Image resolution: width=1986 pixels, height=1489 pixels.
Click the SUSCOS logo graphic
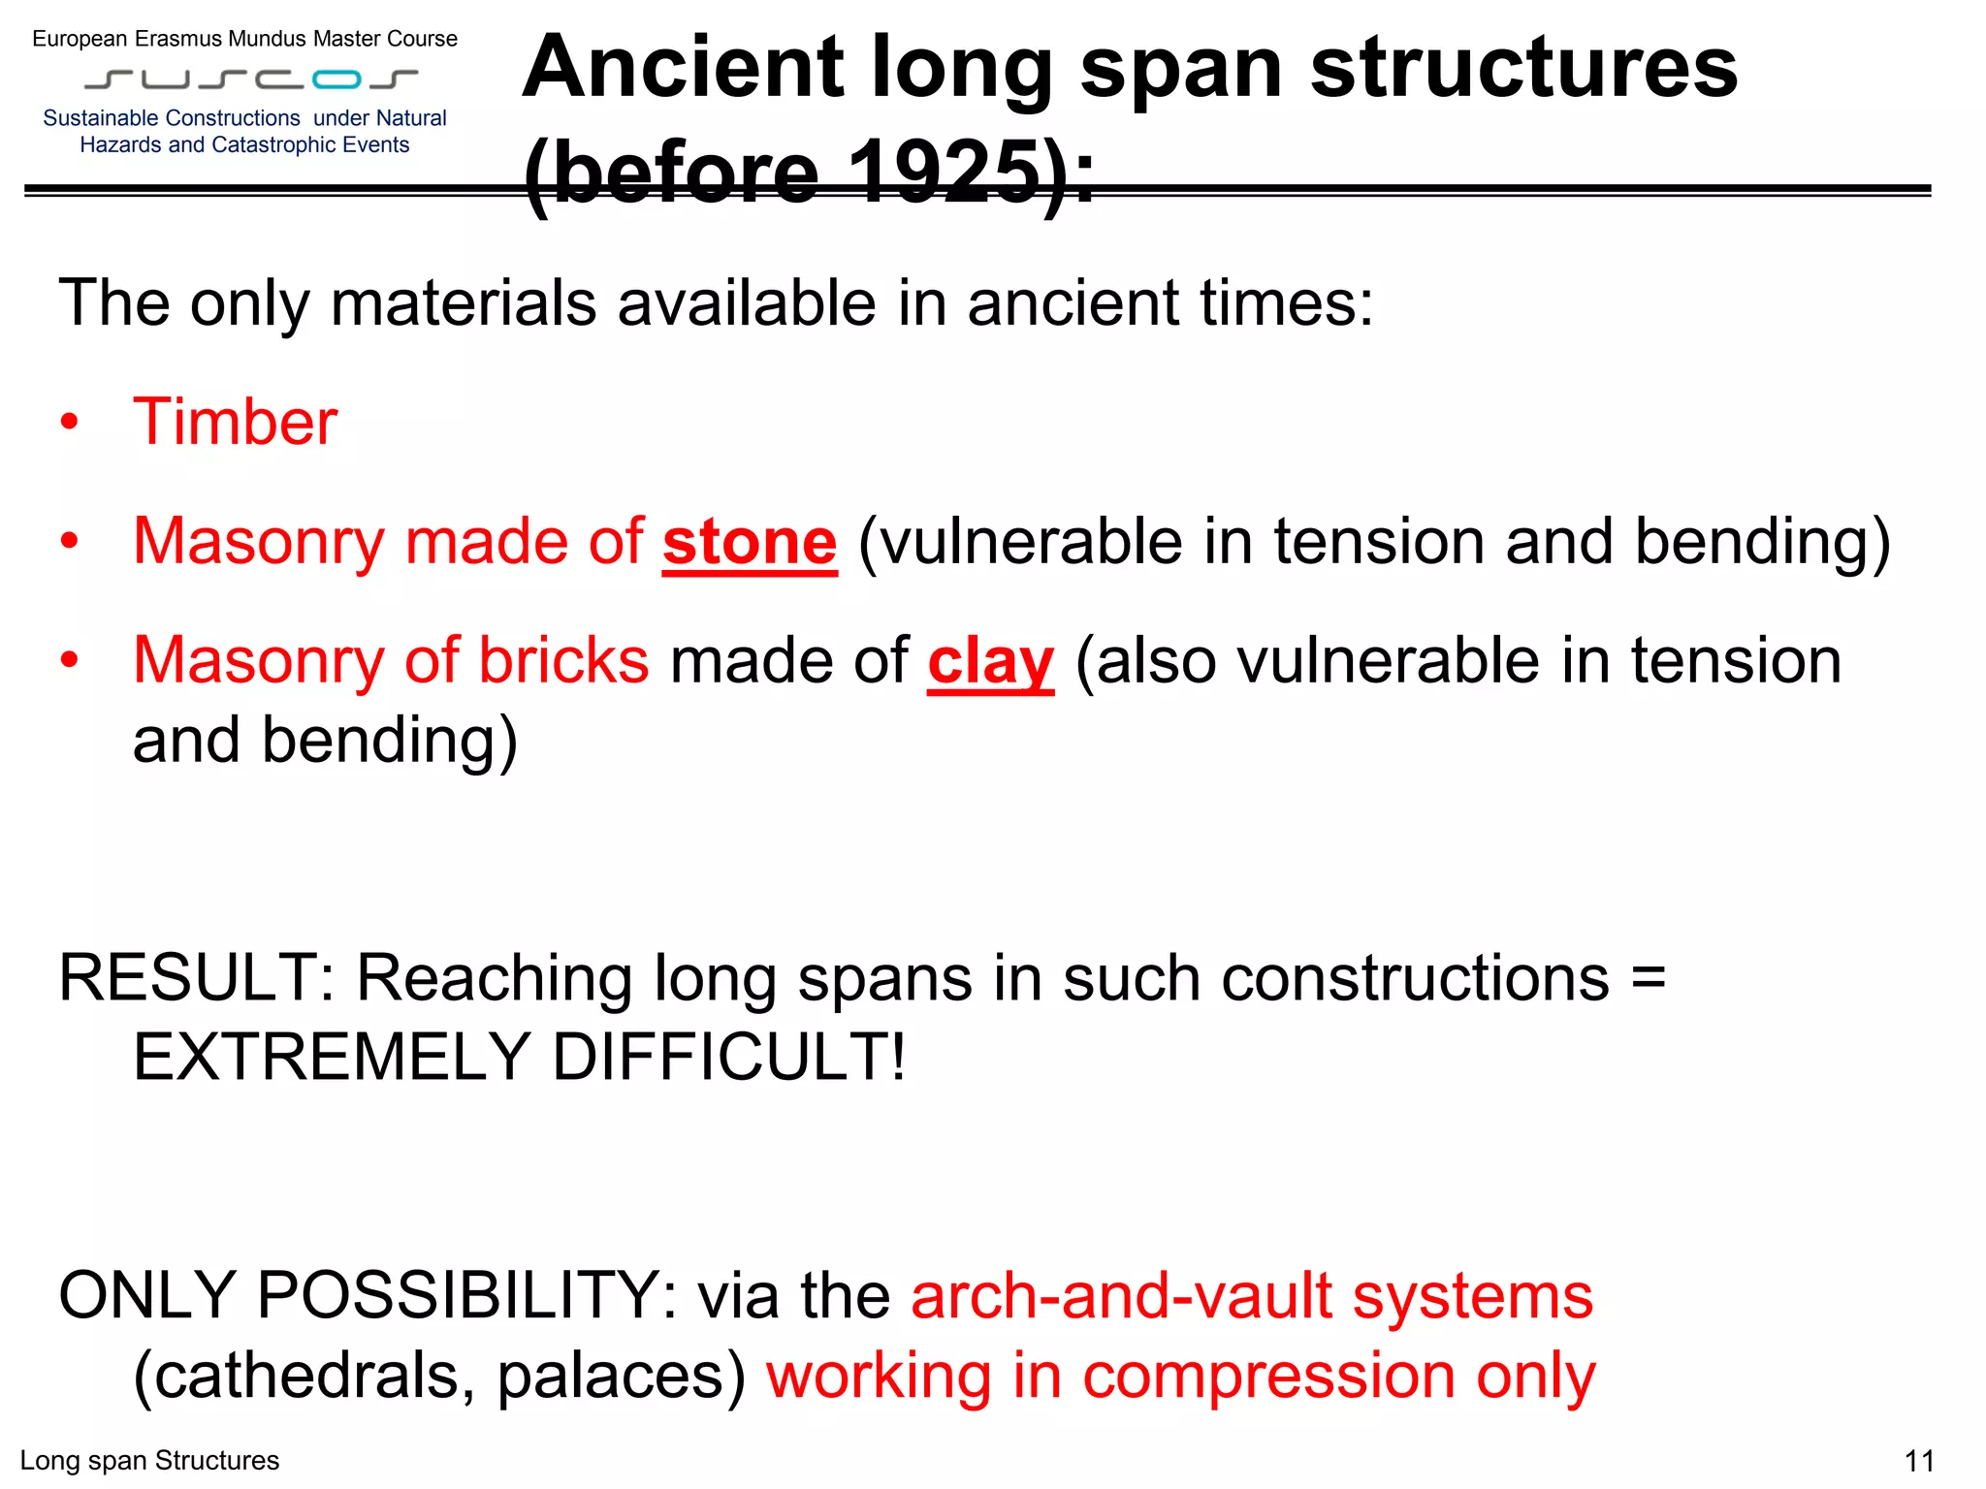pos(251,79)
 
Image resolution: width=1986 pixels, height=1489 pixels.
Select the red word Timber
pos(236,423)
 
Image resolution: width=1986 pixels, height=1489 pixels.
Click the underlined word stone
pos(750,542)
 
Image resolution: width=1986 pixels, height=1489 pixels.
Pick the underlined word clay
pos(990,662)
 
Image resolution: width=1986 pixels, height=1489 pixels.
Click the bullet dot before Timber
pos(69,423)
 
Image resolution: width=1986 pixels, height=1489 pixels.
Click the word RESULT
pos(187,977)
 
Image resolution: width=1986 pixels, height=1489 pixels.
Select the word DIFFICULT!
pos(728,1058)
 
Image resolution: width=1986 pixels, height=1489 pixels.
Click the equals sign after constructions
pos(1648,977)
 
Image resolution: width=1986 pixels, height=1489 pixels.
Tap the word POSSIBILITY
pos(457,1295)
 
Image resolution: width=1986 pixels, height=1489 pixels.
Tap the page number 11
pos(1919,1461)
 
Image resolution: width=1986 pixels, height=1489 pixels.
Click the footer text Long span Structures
pos(149,1461)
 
